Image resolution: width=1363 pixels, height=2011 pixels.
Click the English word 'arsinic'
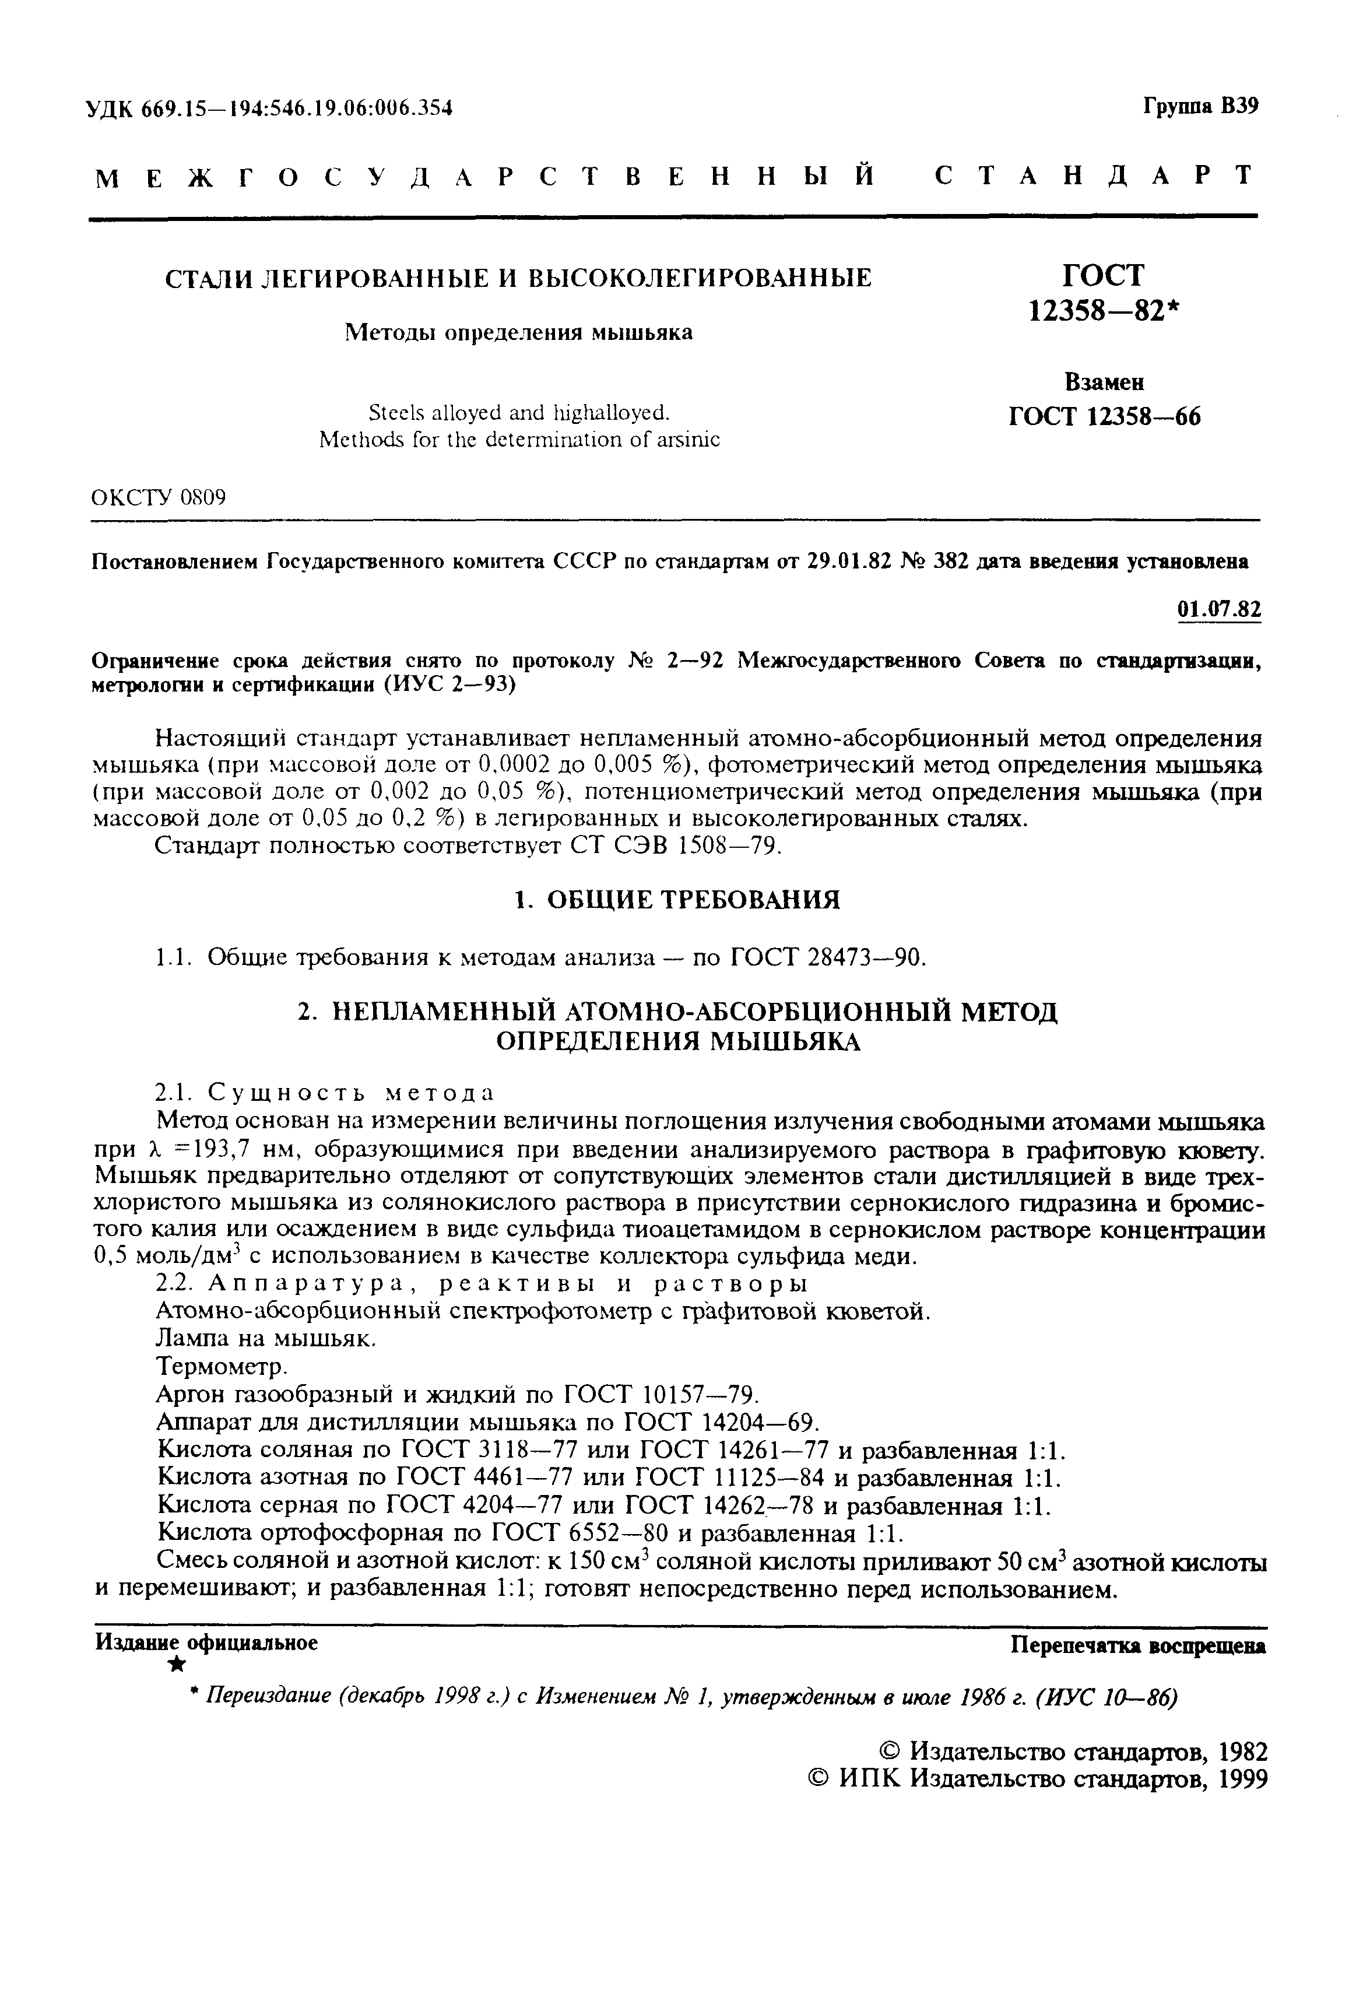[x=687, y=440]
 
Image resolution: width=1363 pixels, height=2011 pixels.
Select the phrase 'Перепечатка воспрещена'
[x=1138, y=1645]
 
